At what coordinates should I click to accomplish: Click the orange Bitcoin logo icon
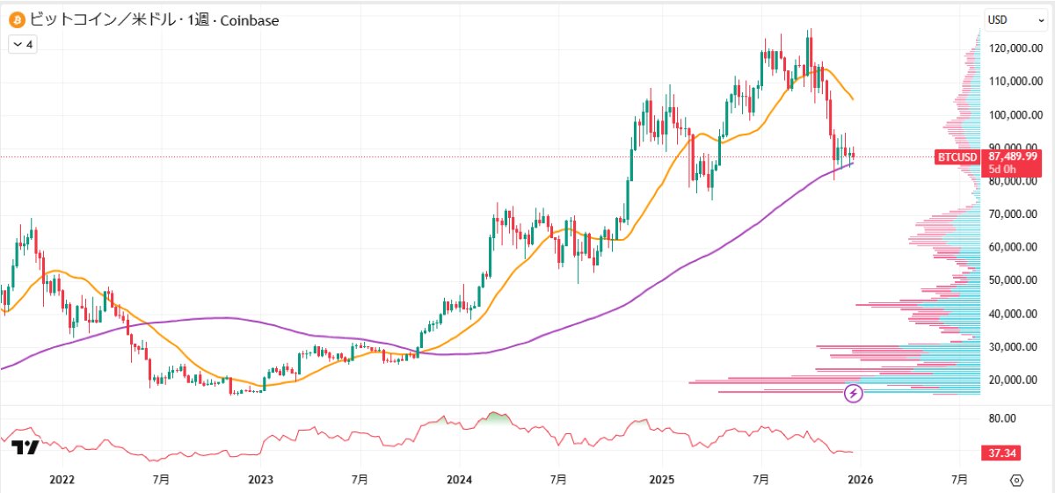pyautogui.click(x=16, y=19)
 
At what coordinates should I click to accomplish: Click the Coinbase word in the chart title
pyautogui.click(x=250, y=19)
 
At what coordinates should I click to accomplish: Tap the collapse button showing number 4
pyautogui.click(x=23, y=43)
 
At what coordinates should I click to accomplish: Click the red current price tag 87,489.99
pyautogui.click(x=1012, y=156)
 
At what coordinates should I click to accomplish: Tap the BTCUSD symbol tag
pyautogui.click(x=957, y=157)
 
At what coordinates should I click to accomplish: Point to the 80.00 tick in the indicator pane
pyautogui.click(x=1002, y=418)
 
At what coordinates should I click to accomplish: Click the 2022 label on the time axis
pyautogui.click(x=62, y=480)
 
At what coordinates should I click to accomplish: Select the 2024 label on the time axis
pyautogui.click(x=460, y=480)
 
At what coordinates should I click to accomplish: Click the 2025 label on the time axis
pyautogui.click(x=660, y=480)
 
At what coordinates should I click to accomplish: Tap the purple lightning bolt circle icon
pyautogui.click(x=853, y=394)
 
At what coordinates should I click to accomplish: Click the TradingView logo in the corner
pyautogui.click(x=25, y=447)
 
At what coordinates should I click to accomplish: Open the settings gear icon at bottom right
pyautogui.click(x=1017, y=480)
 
